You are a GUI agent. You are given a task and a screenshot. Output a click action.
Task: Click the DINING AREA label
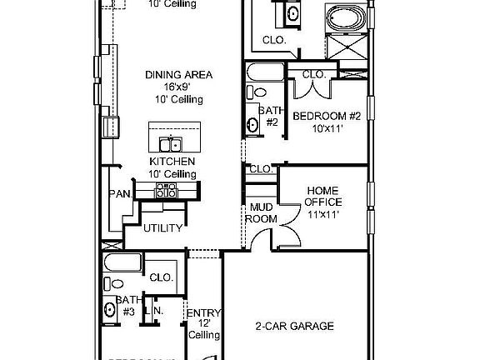tap(178, 75)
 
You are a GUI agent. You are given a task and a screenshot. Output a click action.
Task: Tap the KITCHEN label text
tap(172, 161)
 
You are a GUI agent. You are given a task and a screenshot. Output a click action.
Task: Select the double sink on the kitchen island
tap(171, 143)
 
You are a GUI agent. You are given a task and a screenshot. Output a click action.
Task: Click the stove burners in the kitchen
tap(167, 192)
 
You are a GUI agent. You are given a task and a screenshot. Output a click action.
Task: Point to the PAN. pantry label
tap(117, 195)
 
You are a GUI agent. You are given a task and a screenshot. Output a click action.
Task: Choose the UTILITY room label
tap(162, 228)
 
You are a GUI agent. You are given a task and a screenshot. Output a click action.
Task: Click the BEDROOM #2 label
tap(326, 116)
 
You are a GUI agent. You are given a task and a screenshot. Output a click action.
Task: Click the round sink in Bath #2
tap(252, 126)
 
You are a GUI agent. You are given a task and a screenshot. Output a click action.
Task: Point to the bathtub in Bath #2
tap(262, 72)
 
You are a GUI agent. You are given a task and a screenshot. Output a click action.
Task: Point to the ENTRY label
tap(203, 314)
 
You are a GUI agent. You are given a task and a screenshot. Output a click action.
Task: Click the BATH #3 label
tap(127, 306)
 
